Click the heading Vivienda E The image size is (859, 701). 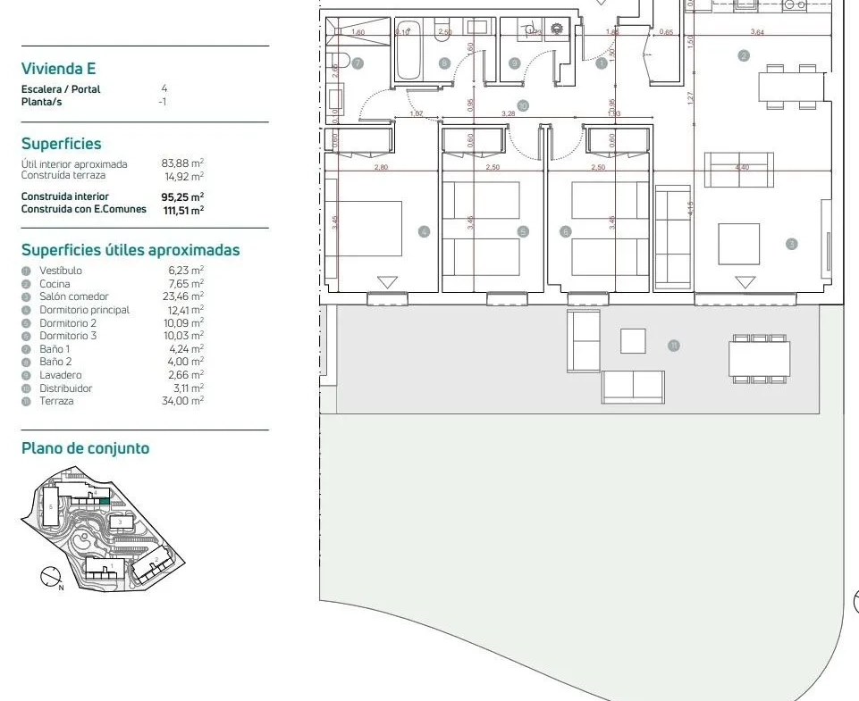pyautogui.click(x=58, y=69)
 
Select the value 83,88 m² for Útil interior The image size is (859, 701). pyautogui.click(x=182, y=163)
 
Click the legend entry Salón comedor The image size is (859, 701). pyautogui.click(x=73, y=296)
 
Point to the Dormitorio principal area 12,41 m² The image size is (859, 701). pyautogui.click(x=185, y=310)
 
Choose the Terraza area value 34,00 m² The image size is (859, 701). pyautogui.click(x=185, y=401)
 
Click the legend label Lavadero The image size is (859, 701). pyautogui.click(x=59, y=375)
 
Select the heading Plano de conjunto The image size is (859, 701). pyautogui.click(x=85, y=448)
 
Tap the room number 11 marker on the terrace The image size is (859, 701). pyautogui.click(x=674, y=346)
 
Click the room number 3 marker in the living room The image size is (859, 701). pyautogui.click(x=791, y=244)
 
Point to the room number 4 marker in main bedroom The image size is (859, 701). pyautogui.click(x=424, y=232)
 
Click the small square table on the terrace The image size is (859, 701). pyautogui.click(x=633, y=340)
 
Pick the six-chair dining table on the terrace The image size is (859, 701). pyautogui.click(x=759, y=359)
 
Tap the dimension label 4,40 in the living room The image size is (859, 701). pyautogui.click(x=741, y=167)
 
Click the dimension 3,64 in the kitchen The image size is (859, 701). pyautogui.click(x=757, y=33)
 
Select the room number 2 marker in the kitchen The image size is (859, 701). pyautogui.click(x=744, y=55)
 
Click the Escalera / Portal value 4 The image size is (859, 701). pyautogui.click(x=164, y=88)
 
